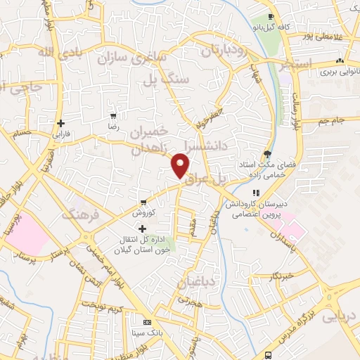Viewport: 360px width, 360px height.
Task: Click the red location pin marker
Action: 181,166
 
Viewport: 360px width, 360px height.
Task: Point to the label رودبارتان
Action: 225,51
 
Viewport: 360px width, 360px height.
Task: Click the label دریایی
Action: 340,316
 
